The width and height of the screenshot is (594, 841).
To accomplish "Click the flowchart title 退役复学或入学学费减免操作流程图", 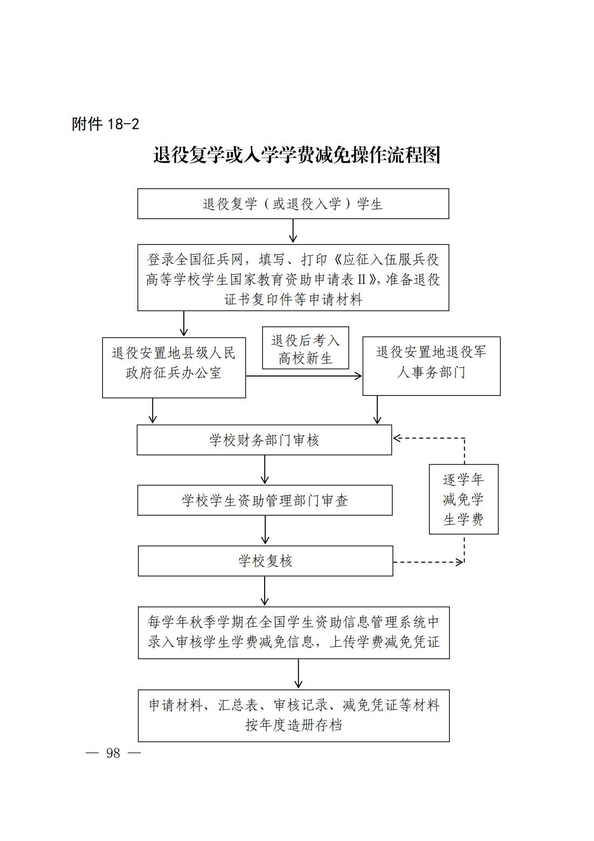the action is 296,155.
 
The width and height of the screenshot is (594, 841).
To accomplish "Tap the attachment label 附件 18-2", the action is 106,124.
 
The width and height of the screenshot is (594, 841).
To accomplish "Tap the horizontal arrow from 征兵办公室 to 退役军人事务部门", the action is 304,376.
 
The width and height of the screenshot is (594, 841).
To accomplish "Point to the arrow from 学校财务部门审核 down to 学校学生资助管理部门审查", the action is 265,470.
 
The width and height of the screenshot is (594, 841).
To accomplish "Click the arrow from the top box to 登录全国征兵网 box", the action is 293,231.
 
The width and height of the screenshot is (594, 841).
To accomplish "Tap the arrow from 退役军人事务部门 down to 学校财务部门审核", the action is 377,410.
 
